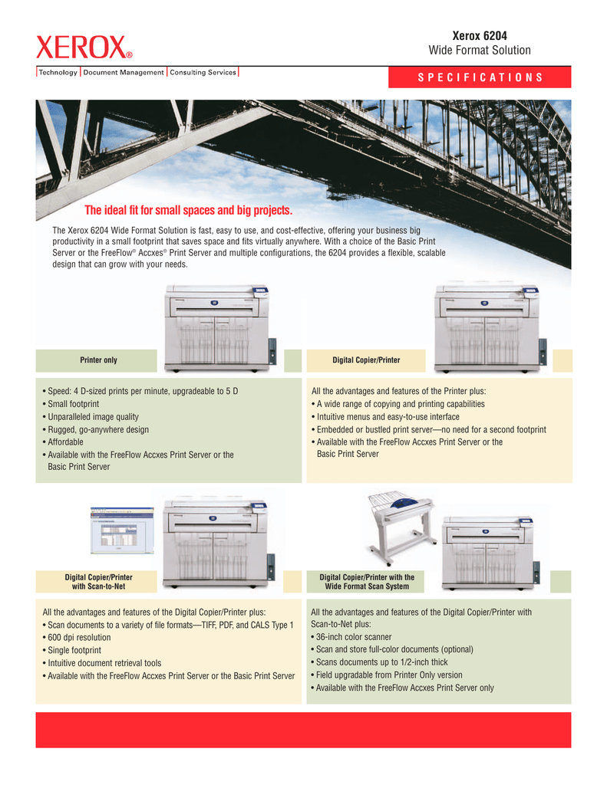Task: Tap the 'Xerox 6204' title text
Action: pyautogui.click(x=480, y=35)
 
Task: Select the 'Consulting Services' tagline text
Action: pyautogui.click(x=203, y=73)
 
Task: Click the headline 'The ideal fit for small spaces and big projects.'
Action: pyautogui.click(x=189, y=211)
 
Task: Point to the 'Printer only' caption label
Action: pyautogui.click(x=99, y=360)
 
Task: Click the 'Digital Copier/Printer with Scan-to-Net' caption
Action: pyautogui.click(x=98, y=582)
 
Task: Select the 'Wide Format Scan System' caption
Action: pyautogui.click(x=367, y=586)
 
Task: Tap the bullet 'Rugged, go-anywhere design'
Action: pyautogui.click(x=95, y=429)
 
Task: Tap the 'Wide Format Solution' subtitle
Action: pyautogui.click(x=480, y=51)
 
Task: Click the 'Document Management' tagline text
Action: pyautogui.click(x=124, y=73)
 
